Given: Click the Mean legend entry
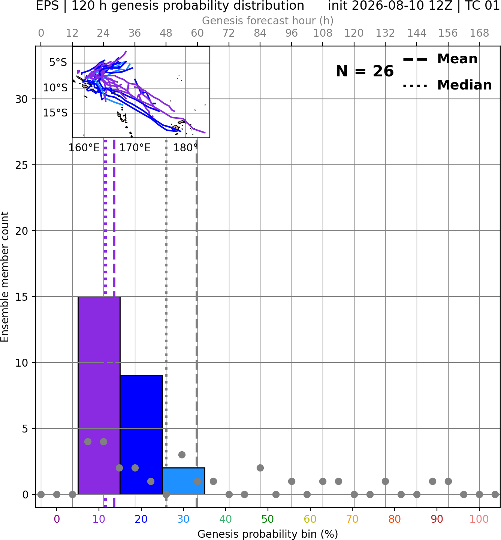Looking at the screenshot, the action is (x=440, y=59).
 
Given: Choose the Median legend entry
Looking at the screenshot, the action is (x=447, y=85).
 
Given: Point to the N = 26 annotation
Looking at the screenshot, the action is (x=365, y=71).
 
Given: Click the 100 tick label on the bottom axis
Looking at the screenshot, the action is (x=479, y=519).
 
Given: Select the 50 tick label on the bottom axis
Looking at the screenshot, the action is (x=268, y=519).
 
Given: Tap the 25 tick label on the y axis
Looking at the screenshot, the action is (x=22, y=165).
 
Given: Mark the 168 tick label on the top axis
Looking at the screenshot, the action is (x=479, y=33).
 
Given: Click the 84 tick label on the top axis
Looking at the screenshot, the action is (x=260, y=33).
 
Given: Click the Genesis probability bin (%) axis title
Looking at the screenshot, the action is (x=268, y=534).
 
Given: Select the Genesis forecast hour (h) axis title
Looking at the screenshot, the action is (x=268, y=21).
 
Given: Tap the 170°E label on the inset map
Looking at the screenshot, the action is (x=135, y=148).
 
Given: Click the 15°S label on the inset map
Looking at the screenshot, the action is (x=55, y=113).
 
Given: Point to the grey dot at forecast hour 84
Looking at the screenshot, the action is (x=260, y=468).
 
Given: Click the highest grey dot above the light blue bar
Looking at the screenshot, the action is (x=182, y=455).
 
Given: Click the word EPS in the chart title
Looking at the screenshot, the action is (x=47, y=6).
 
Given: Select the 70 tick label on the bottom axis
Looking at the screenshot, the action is (x=352, y=519).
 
